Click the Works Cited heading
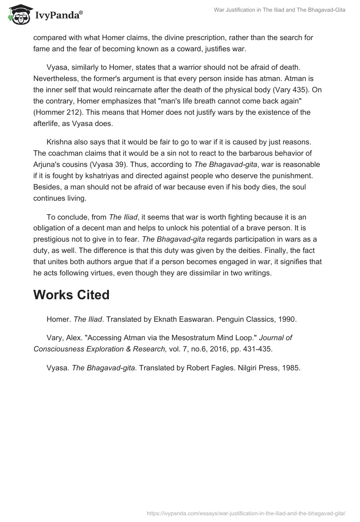tap(72, 295)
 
